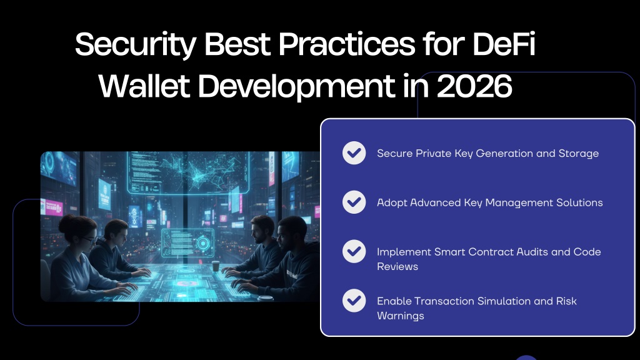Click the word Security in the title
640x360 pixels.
pos(136,45)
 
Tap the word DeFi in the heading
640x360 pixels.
pos(504,44)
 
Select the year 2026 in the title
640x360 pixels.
pos(474,86)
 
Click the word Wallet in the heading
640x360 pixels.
pos(144,86)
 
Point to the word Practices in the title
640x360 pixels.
pos(346,44)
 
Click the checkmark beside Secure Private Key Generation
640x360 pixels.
pos(354,153)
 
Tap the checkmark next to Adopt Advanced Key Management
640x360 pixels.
pos(354,202)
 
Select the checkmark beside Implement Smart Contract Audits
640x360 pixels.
pos(354,251)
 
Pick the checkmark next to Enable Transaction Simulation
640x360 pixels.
pos(354,301)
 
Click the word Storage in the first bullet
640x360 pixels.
pos(578,154)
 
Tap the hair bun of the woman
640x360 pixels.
pos(67,222)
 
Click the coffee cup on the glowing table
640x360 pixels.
pos(216,266)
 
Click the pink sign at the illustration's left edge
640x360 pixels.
pos(52,207)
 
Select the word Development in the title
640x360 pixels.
pos(297,87)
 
